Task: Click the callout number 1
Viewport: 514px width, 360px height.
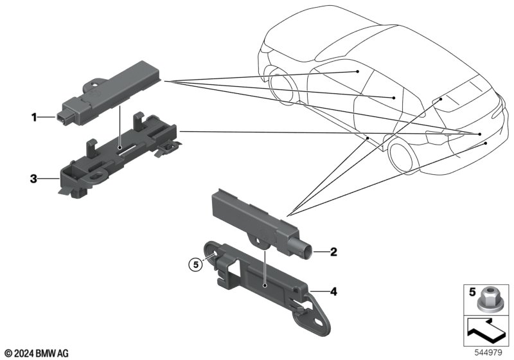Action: pos(34,117)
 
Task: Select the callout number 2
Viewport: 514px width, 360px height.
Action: pos(333,252)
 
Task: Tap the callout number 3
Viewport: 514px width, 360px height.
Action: pos(33,179)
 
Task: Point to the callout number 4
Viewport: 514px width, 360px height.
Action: pos(333,291)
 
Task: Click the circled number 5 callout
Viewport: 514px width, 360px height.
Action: pos(196,264)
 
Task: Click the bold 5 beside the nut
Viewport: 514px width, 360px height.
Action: pos(472,292)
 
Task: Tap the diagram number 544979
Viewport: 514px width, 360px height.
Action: pos(488,353)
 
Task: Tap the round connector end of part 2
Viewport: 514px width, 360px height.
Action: pos(306,253)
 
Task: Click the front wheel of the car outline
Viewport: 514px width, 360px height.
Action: pos(281,85)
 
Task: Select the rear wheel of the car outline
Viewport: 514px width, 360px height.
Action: pos(400,154)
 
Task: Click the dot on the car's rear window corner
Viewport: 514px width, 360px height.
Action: pos(441,99)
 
